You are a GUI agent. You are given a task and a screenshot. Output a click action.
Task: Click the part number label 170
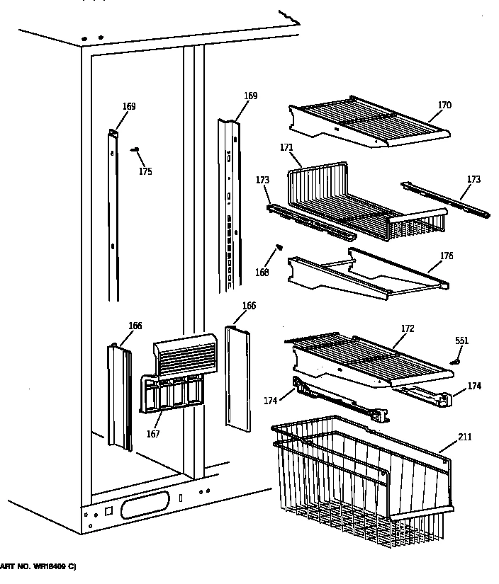coord(444,106)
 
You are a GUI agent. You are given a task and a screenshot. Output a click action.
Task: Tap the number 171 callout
coord(286,147)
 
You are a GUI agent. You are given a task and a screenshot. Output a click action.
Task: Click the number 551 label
coord(461,341)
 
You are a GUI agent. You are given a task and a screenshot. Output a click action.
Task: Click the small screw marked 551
coord(456,360)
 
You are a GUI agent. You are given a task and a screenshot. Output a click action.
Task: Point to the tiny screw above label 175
coord(135,149)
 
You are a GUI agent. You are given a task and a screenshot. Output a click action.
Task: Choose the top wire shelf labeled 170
coord(369,122)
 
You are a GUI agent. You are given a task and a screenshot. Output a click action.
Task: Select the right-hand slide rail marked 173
coord(444,198)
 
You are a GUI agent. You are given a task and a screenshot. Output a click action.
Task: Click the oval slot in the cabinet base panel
coord(145,506)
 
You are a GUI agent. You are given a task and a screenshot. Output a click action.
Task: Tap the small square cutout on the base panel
coord(108,510)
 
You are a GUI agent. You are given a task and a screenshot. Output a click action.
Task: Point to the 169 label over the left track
coord(128,107)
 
